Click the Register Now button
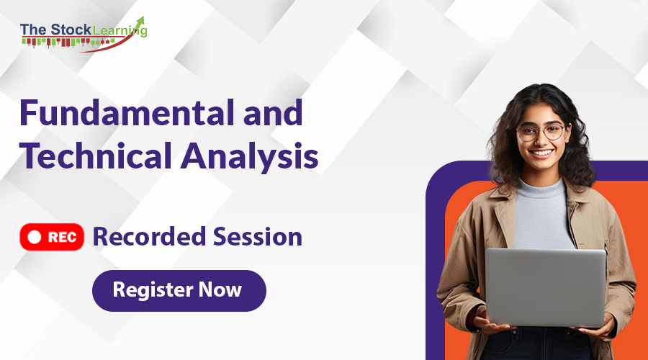click(179, 291)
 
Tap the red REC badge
click(52, 237)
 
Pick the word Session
click(256, 236)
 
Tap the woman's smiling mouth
click(542, 153)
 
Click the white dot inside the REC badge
click(33, 237)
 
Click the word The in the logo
click(33, 30)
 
